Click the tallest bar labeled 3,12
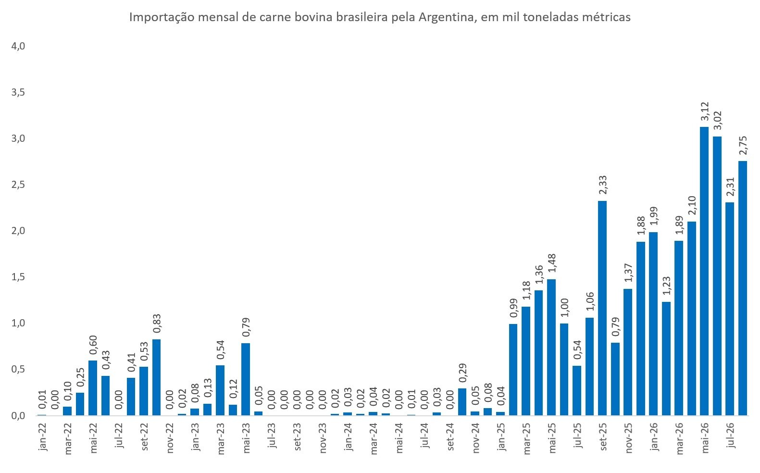(x=704, y=271)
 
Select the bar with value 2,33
(x=602, y=308)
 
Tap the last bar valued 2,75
(x=742, y=288)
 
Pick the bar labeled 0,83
(x=156, y=377)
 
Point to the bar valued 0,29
(x=462, y=402)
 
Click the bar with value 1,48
(x=551, y=347)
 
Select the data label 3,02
(x=717, y=121)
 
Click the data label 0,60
(x=93, y=345)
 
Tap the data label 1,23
(x=666, y=286)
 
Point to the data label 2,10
(x=691, y=206)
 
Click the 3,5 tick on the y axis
(x=18, y=92)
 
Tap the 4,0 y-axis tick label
(x=18, y=46)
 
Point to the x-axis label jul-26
(x=730, y=436)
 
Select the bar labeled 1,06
(x=589, y=366)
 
